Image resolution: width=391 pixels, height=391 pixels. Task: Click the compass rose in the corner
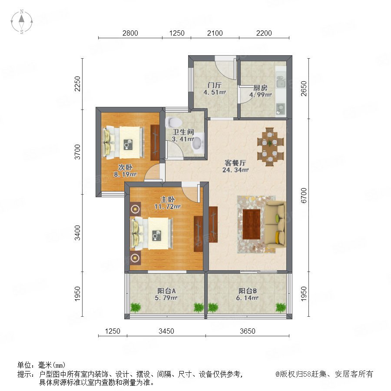(x=22, y=21)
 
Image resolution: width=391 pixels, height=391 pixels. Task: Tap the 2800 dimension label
(x=130, y=33)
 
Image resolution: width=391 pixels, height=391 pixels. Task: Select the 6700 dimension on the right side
(x=304, y=195)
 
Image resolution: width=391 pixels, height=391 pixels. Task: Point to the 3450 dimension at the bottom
(x=166, y=331)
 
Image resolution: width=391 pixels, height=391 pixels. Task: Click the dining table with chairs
(x=270, y=147)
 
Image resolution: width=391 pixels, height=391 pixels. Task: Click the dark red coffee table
(x=252, y=224)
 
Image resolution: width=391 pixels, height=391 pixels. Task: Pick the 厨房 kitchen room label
(x=260, y=88)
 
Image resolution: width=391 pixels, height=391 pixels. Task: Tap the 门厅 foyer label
(x=215, y=85)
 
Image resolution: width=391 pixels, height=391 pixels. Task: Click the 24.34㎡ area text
(x=235, y=170)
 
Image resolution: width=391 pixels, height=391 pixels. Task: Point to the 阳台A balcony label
(x=166, y=291)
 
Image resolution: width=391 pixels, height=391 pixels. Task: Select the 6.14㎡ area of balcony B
(x=247, y=298)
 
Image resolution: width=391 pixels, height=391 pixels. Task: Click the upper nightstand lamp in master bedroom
(x=135, y=209)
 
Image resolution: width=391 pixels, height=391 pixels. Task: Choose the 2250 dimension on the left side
(x=78, y=84)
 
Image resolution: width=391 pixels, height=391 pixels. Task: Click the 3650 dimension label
(x=247, y=331)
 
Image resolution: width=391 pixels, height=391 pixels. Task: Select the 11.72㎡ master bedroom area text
(x=168, y=206)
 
